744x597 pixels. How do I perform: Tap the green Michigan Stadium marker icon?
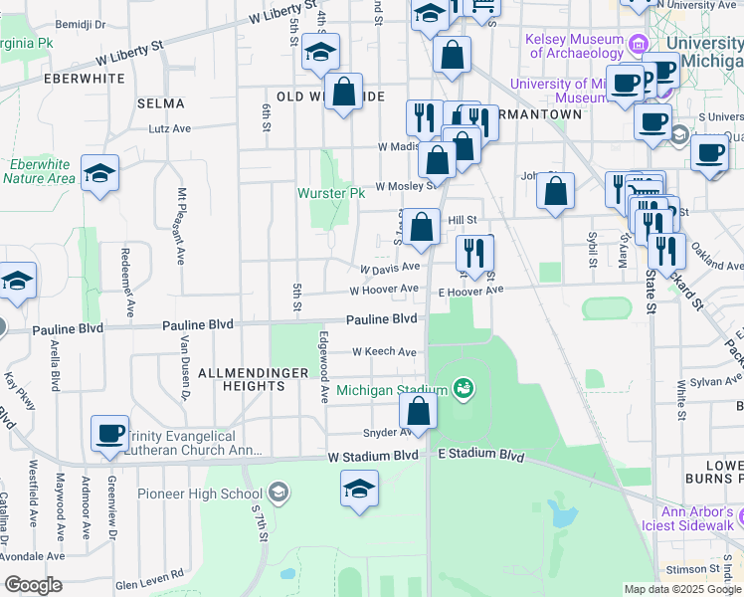(x=462, y=387)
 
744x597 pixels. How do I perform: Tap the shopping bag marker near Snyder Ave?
(x=419, y=410)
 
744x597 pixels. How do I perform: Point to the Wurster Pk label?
(x=332, y=192)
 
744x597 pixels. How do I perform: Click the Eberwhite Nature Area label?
(x=39, y=172)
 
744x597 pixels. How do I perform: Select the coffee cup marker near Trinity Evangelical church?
(x=109, y=434)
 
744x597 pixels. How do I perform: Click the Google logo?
(x=33, y=585)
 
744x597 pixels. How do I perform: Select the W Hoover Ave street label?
(x=383, y=290)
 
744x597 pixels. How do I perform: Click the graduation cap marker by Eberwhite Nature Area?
(x=100, y=174)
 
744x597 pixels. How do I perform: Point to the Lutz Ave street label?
(x=169, y=128)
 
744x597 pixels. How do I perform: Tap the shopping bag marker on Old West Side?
(x=344, y=93)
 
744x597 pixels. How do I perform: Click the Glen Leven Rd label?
(x=149, y=574)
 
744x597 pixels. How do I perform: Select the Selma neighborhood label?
(x=161, y=102)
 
